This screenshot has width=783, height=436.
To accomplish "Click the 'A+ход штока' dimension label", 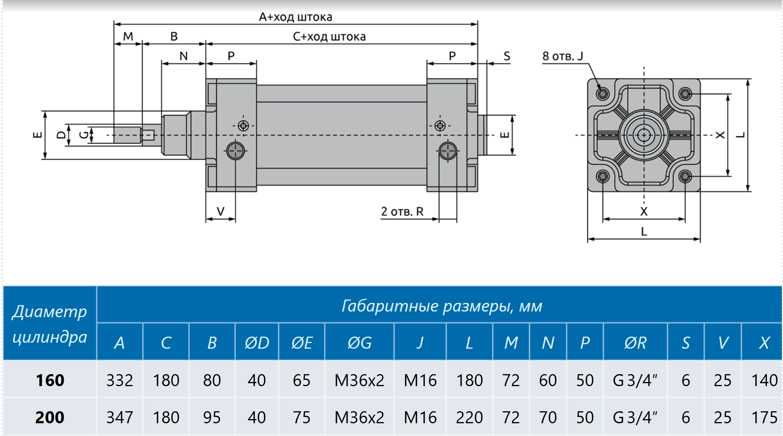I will (295, 17).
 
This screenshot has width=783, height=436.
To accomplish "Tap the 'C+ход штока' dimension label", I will (329, 36).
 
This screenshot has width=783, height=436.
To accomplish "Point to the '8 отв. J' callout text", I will (562, 56).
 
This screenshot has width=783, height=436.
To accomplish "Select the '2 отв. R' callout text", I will (402, 211).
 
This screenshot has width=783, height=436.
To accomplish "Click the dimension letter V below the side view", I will (220, 211).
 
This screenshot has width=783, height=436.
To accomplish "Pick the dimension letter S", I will (507, 56).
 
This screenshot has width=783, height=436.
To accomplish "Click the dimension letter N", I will (183, 56).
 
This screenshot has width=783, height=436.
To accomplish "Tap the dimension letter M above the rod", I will (128, 36).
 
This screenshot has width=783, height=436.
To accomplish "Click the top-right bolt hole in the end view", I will (685, 93).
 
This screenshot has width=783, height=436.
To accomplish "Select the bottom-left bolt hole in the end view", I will (603, 176).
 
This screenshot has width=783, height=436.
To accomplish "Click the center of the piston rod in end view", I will (644, 135).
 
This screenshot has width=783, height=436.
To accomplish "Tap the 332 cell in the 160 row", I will (120, 380).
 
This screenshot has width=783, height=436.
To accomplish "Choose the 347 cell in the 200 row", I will (120, 417).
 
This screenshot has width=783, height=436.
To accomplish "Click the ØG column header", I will (359, 343).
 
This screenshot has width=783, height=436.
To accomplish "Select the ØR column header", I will (635, 343).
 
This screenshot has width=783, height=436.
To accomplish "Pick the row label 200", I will (50, 417).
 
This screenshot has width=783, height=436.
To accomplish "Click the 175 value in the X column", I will (764, 417).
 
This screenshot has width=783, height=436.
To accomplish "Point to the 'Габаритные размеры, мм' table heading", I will (442, 306).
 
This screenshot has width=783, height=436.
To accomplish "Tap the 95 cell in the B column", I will (212, 417).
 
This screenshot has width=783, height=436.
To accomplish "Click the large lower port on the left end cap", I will (235, 151).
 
